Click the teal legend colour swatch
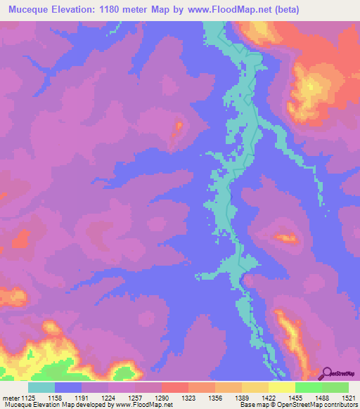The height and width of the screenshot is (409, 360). (x=41, y=388)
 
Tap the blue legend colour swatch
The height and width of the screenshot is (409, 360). (x=68, y=388)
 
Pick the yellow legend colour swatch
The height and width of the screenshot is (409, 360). (x=282, y=388)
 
